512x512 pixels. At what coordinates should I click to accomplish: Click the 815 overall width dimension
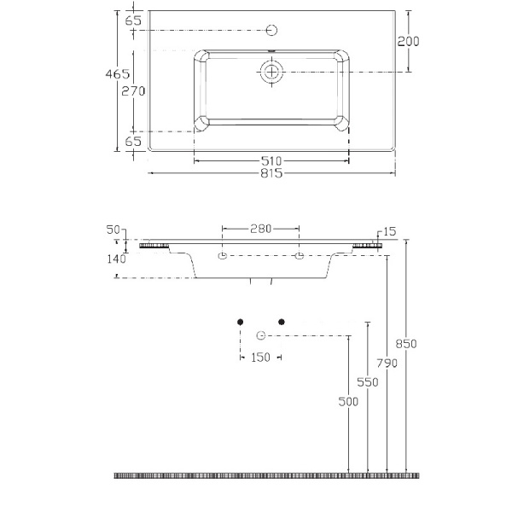click(272, 174)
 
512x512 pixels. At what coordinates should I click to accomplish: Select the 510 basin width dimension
click(272, 160)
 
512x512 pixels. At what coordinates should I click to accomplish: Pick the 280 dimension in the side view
click(261, 229)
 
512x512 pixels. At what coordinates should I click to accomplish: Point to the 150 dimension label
click(260, 358)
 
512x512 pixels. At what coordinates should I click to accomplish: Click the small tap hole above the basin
click(272, 31)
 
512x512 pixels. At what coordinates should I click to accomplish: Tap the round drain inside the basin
click(271, 73)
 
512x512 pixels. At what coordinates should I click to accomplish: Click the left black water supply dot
click(241, 321)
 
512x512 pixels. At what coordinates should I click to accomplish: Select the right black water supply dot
click(281, 321)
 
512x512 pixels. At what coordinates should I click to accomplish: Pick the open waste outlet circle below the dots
click(261, 334)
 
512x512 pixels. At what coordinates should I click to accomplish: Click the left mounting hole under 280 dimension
click(222, 256)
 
